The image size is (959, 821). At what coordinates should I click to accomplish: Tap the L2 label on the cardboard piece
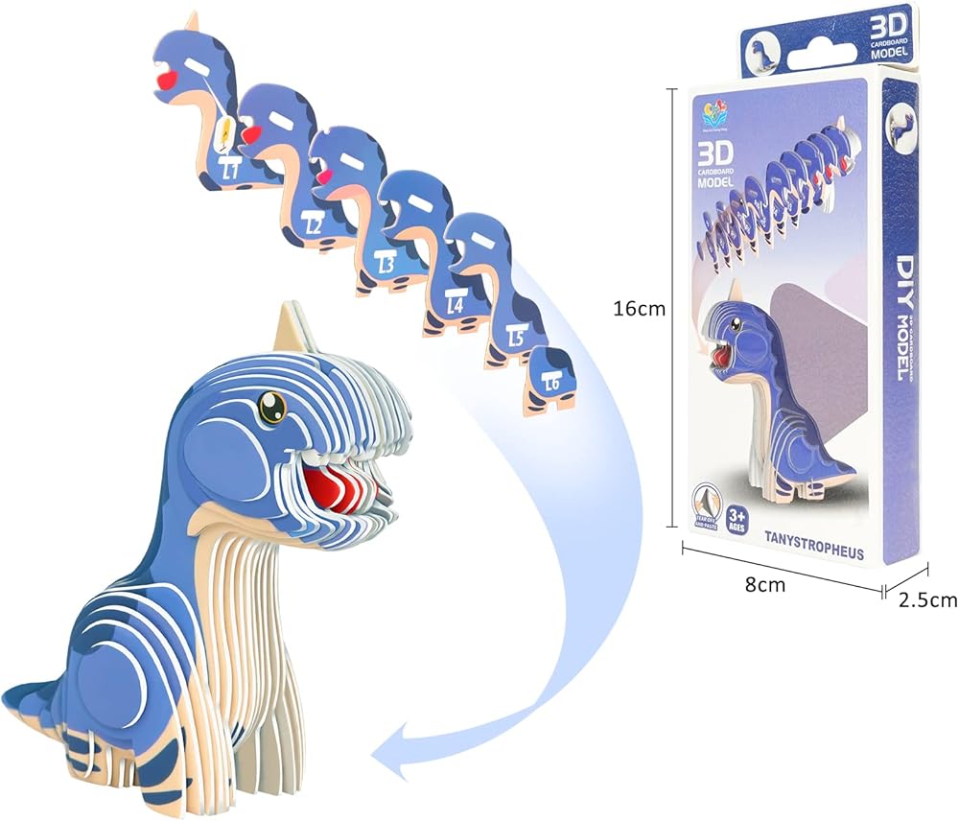pos(314,225)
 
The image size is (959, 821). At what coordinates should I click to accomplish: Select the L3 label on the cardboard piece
pos(386,262)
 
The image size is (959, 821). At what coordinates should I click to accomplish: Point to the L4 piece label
pos(456,305)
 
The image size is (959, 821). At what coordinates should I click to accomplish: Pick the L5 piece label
pos(515,338)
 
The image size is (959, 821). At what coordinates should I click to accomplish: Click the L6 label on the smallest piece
pos(551,384)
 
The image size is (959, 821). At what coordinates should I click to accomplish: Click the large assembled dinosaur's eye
pos(272,410)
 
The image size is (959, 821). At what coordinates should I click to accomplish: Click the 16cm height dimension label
pos(639,309)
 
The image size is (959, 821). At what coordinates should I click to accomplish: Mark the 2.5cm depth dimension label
pos(927,600)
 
